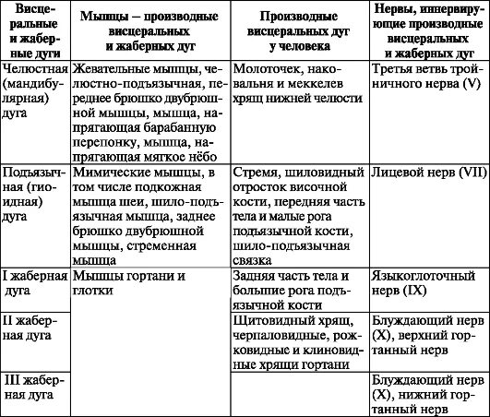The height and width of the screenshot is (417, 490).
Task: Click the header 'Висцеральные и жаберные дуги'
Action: (x=34, y=31)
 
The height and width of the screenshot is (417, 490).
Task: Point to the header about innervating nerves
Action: (x=428, y=31)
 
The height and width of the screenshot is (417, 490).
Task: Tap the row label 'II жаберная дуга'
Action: (x=34, y=328)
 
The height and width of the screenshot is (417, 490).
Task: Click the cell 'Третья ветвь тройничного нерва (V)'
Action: (x=428, y=77)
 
